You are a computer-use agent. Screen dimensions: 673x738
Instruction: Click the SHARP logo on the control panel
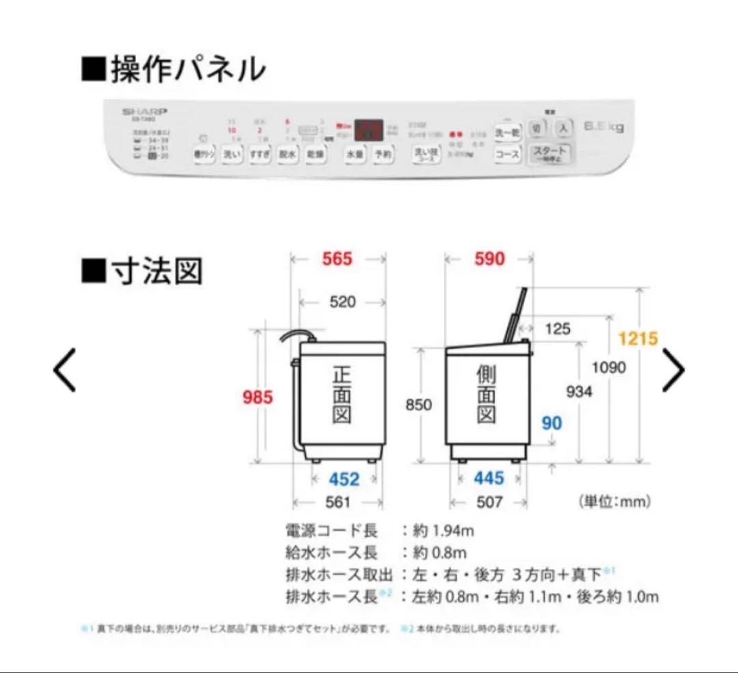click(145, 111)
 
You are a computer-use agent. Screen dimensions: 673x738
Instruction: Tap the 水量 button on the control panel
click(355, 154)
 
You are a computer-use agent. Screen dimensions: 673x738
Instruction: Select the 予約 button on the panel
click(383, 154)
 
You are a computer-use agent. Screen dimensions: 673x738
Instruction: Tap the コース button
click(507, 155)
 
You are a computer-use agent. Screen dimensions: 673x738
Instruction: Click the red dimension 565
click(338, 259)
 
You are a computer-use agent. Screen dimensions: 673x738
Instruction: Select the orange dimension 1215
click(638, 339)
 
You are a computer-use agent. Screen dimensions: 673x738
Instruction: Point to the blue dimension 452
click(344, 479)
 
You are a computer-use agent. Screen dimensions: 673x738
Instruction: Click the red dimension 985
click(258, 397)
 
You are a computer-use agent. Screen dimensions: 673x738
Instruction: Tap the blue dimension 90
click(551, 423)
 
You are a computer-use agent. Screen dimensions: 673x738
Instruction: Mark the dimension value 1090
click(608, 368)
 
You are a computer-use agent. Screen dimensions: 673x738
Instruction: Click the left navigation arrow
click(65, 370)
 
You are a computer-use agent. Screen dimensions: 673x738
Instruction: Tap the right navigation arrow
click(673, 370)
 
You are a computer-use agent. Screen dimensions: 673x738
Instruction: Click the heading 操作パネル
click(174, 70)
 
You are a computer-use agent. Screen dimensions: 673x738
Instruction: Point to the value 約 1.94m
click(443, 530)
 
